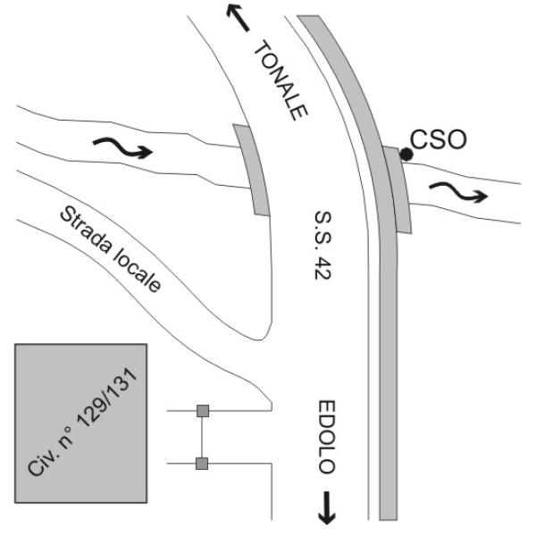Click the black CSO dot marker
[406, 155]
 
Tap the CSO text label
[439, 139]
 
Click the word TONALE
[281, 80]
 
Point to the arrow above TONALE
[238, 18]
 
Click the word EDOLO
[327, 437]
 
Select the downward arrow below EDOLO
[327, 507]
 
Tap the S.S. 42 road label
[322, 246]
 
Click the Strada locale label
[110, 249]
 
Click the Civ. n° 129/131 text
[83, 423]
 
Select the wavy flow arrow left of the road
[122, 147]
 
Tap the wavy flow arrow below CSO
[458, 191]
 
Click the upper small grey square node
[203, 411]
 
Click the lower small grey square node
[202, 464]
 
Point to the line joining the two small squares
[202, 437]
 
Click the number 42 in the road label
[322, 269]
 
